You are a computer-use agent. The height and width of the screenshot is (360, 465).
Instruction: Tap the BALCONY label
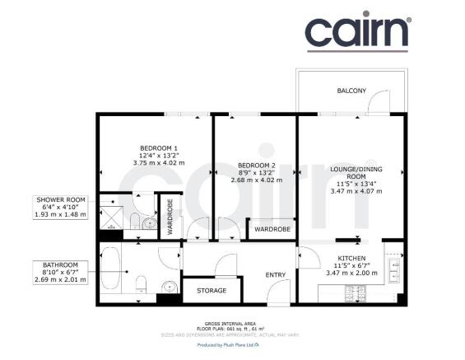pos(351,90)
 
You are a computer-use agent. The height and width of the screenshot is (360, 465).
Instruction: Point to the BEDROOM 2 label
pos(256,164)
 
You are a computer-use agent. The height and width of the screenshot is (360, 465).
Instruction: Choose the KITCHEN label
pos(351,258)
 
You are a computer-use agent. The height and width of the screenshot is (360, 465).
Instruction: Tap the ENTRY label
pos(275,275)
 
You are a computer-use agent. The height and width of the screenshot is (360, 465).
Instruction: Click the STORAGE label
pos(210,290)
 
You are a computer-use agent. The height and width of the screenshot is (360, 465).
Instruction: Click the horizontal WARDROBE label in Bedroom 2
pos(270,228)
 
